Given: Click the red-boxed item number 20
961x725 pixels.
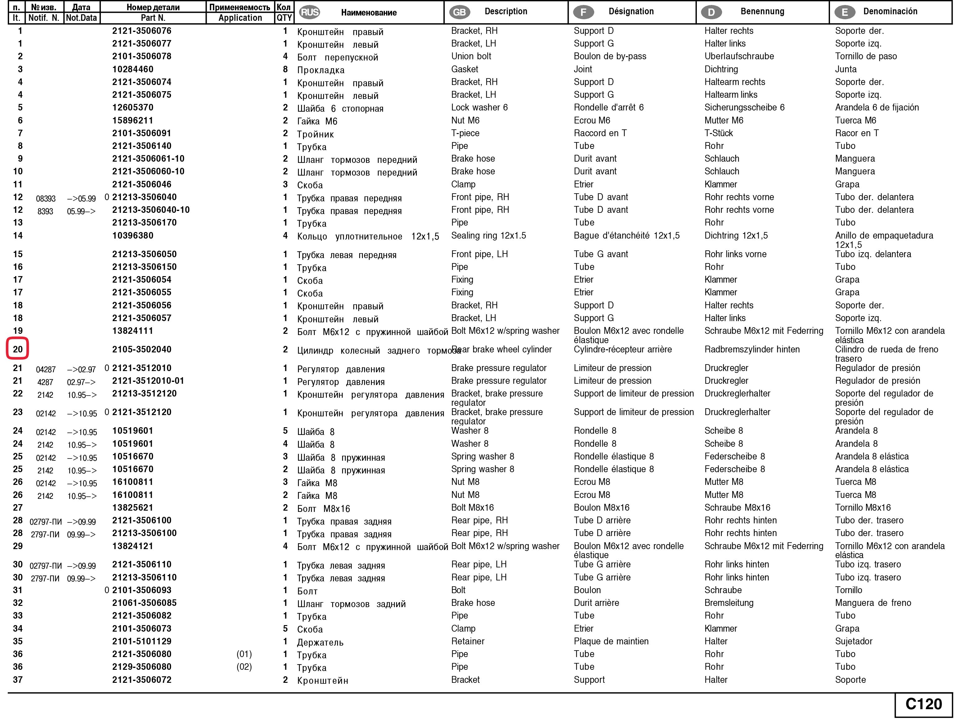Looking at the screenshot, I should [17, 349].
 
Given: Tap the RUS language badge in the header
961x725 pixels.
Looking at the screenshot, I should [309, 12].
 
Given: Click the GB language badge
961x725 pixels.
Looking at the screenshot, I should [459, 12].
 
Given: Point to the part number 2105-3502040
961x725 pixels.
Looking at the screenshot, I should [142, 350].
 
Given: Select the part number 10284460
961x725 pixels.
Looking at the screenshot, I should [133, 69].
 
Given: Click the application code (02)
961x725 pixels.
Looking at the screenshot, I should [244, 667].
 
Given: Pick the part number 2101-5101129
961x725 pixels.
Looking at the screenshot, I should [142, 641].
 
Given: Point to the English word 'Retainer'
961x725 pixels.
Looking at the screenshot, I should [467, 641].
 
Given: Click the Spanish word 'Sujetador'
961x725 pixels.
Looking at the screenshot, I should [853, 641].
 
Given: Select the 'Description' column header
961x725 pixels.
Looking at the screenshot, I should [506, 11].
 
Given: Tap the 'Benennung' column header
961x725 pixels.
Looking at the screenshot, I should [762, 11].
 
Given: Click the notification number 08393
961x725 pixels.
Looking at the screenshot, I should [46, 199].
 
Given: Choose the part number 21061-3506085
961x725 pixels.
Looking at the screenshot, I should [144, 602].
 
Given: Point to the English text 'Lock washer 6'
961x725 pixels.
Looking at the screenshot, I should [479, 108].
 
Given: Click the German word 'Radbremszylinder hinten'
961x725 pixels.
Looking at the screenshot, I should [751, 350].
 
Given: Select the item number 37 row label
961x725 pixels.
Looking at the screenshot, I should [17, 680].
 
